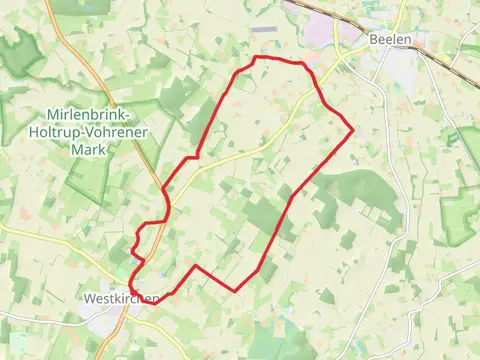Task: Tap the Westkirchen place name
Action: coord(118,298)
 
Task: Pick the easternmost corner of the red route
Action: coord(353,127)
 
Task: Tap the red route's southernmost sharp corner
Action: coord(235,290)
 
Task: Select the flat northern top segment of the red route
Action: coord(278,60)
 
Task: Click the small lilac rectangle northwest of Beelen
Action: coord(261,29)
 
